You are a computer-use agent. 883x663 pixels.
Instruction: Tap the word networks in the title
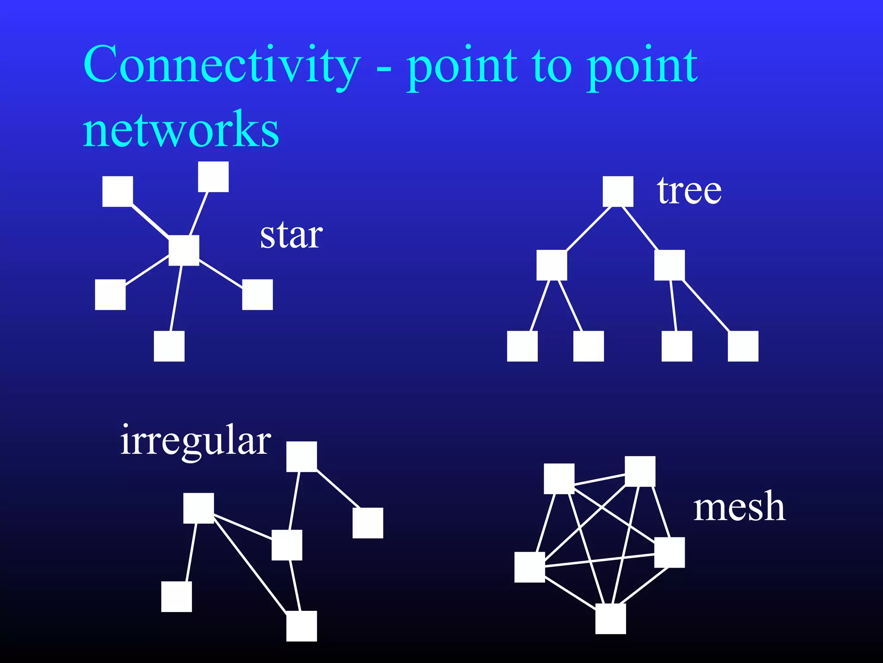pyautogui.click(x=181, y=129)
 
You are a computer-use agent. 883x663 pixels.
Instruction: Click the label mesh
pyautogui.click(x=739, y=507)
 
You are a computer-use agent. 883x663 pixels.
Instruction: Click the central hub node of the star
pyautogui.click(x=184, y=250)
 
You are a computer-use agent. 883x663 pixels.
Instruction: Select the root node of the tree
pyautogui.click(x=618, y=191)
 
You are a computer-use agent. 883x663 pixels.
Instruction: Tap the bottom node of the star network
pyautogui.click(x=169, y=346)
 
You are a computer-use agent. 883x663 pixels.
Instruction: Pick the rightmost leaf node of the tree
pyautogui.click(x=743, y=346)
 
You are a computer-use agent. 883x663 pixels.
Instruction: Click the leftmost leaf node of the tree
pyautogui.click(x=522, y=346)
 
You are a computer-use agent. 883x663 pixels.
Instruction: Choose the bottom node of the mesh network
pyautogui.click(x=611, y=619)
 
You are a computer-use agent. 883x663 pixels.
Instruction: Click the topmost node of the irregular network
pyautogui.click(x=301, y=456)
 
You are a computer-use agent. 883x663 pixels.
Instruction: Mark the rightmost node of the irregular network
pyautogui.click(x=368, y=523)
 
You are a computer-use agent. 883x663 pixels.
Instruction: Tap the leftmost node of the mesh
pyautogui.click(x=529, y=567)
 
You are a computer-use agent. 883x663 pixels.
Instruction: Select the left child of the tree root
pyautogui.click(x=551, y=265)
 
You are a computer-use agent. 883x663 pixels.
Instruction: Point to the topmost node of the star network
pyautogui.click(x=213, y=177)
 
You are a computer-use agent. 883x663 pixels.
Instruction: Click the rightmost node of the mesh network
pyautogui.click(x=669, y=552)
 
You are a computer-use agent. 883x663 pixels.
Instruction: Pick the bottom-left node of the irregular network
pyautogui.click(x=176, y=597)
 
